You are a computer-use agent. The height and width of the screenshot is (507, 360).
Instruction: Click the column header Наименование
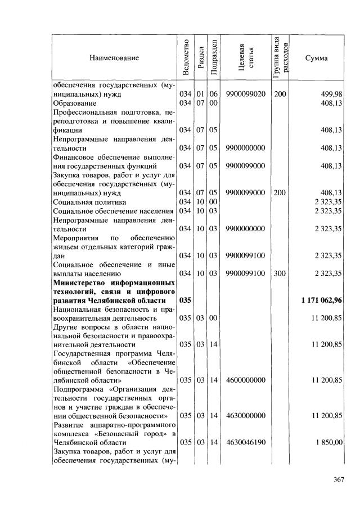pyautogui.click(x=113, y=57)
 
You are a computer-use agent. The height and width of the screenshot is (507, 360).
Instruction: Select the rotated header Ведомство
pyautogui.click(x=185, y=57)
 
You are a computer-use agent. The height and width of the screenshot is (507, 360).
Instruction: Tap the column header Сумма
pyautogui.click(x=316, y=57)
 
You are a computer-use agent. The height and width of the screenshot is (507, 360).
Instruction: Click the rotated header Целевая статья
pyautogui.click(x=246, y=57)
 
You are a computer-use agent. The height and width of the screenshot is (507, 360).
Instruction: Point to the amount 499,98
pyautogui.click(x=331, y=94)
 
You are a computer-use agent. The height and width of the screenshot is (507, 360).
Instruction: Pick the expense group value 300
pyautogui.click(x=280, y=273)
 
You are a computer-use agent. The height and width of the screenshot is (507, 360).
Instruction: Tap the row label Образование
pyautogui.click(x=75, y=103)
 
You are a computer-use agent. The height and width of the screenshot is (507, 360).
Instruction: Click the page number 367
pyautogui.click(x=338, y=479)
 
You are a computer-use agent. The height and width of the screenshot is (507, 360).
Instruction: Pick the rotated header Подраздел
pyautogui.click(x=214, y=57)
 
